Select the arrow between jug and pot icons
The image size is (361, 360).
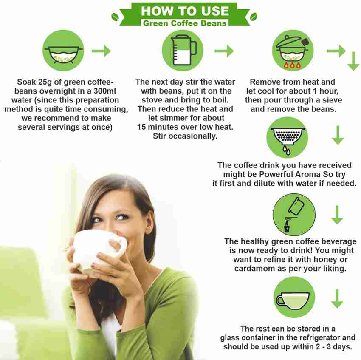pos(224,51)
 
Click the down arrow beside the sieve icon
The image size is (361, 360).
pos(338,135)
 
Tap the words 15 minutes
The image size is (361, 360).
pos(155,127)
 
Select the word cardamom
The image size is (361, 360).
pos(254,269)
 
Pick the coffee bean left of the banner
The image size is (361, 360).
pos(115,17)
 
